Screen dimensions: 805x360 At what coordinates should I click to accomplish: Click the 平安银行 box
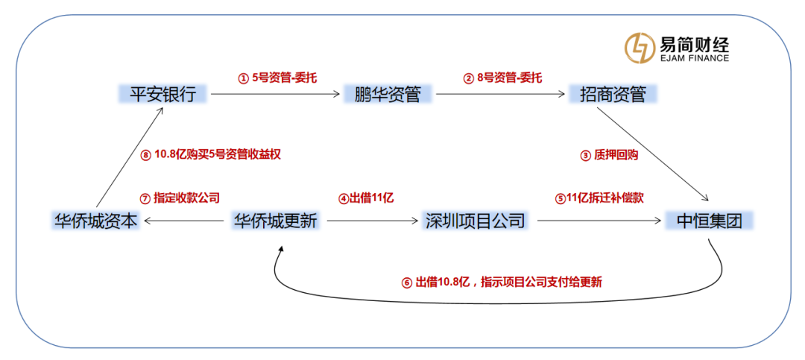click(162, 94)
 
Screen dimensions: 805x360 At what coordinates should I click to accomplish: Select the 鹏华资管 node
click(388, 94)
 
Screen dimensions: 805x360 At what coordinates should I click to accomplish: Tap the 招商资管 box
click(613, 94)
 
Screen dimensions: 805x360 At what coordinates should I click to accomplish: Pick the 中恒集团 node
click(710, 221)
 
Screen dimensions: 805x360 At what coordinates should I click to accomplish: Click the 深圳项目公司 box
click(475, 221)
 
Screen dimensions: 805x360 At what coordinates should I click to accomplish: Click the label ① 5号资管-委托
click(277, 78)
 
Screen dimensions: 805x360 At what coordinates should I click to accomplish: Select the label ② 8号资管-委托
click(502, 78)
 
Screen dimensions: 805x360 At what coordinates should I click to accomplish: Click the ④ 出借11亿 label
click(365, 198)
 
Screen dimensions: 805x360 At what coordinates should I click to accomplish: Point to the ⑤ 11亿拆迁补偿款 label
click(599, 198)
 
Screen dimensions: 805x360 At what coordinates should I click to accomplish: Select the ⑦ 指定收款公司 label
click(180, 198)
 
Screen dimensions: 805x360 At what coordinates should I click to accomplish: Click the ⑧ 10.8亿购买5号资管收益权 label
click(210, 154)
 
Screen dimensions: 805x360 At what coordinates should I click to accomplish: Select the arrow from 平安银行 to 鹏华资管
click(276, 94)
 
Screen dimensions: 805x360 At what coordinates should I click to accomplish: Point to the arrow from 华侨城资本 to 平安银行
click(130, 157)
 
